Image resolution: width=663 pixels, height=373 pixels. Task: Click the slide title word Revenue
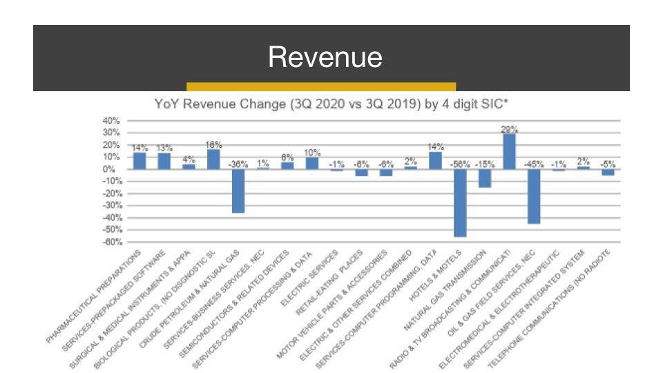(325, 57)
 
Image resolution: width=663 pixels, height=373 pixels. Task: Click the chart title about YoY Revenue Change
(331, 105)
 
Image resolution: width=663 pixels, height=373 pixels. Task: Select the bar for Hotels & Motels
(460, 203)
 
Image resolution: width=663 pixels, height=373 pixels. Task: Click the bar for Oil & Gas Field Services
(534, 196)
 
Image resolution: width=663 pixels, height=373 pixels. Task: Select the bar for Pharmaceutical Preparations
(140, 161)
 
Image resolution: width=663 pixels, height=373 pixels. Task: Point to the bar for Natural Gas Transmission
(485, 178)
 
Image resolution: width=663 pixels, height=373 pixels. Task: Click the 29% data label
(510, 129)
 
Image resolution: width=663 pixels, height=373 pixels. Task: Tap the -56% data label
(460, 164)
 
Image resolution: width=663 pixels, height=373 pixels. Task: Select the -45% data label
(534, 164)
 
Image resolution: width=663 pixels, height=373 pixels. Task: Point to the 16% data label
(213, 145)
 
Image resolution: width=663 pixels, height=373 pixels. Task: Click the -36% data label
(238, 164)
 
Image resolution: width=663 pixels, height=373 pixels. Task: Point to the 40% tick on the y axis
(111, 120)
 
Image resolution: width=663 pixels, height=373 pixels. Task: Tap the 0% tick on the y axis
(114, 169)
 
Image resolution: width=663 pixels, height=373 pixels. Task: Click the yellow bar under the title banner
(321, 87)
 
